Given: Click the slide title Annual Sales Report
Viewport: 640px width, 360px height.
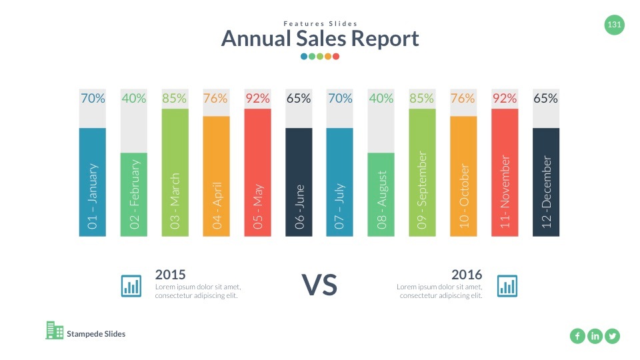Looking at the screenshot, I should (320, 39).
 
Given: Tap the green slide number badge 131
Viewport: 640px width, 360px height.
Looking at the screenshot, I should (614, 26).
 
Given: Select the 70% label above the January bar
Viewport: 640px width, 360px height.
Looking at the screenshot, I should (93, 99).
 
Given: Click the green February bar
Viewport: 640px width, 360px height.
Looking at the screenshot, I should (133, 194).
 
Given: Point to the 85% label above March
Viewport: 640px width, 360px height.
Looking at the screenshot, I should (175, 99).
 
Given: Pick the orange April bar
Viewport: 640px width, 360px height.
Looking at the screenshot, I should (216, 176).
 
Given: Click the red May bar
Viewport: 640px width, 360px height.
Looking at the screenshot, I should (257, 172).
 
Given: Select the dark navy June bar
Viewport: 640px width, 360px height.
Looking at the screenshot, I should (299, 181).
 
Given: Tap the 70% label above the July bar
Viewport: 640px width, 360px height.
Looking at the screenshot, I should (340, 99).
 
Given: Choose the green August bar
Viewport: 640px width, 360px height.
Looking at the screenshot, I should (381, 194).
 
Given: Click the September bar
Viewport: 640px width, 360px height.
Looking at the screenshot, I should (422, 172).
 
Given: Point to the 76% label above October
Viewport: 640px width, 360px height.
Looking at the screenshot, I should (463, 99).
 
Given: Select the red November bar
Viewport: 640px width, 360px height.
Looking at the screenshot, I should (505, 172).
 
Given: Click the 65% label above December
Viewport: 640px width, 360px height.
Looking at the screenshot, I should (545, 99).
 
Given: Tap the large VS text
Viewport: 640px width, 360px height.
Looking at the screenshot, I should (320, 285).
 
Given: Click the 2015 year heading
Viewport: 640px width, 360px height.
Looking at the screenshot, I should (170, 274).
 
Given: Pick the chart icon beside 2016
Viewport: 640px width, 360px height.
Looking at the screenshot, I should (507, 286).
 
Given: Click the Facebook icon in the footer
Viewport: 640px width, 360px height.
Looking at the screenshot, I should (577, 336).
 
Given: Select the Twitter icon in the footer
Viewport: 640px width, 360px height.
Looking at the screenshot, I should (612, 336).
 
